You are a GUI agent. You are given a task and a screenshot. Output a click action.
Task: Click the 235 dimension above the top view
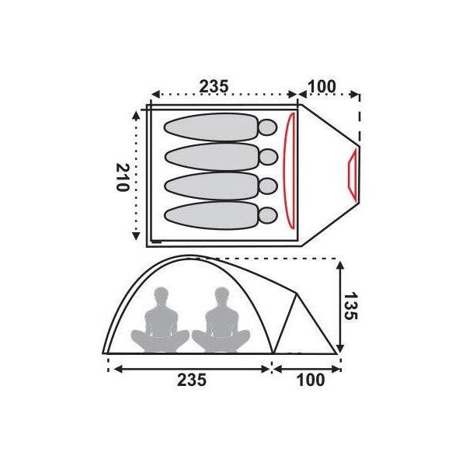pos(214,86)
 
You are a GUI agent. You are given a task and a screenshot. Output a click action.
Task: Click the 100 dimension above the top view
pos(322,86)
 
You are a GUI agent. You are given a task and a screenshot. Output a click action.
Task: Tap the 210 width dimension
pos(123,177)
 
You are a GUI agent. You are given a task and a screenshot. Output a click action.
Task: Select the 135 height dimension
pos(350,306)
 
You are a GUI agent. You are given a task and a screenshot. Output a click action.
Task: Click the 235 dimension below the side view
pos(192,380)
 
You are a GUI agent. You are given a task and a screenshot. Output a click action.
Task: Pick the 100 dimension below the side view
pos(311,380)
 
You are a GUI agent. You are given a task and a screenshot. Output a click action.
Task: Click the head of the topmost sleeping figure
pos(268,127)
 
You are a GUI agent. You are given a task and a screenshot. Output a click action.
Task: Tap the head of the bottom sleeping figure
pos(268,215)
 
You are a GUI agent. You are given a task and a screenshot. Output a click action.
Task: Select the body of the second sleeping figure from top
pos(211,157)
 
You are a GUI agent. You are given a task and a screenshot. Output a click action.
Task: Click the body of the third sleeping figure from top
pos(211,186)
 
